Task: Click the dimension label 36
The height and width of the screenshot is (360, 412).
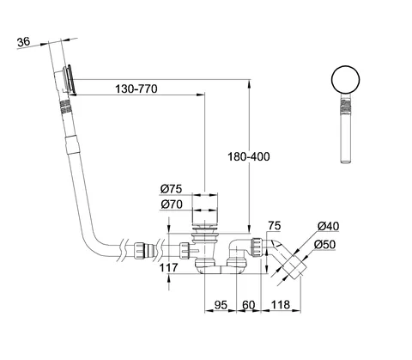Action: pos(23,42)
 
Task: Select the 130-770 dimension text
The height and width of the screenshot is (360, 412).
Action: pos(136,89)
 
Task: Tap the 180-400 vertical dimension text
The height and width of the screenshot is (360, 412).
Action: pos(248,156)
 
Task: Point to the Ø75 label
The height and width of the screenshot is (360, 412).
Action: pos(171,189)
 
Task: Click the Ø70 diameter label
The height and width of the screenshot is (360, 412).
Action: pos(172,204)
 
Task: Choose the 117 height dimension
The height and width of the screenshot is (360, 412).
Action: pos(168,268)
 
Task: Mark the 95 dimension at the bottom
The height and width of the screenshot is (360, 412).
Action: pos(221,305)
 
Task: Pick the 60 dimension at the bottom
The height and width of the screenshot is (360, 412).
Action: pos(248,305)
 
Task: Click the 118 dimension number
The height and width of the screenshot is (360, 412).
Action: pos(281,305)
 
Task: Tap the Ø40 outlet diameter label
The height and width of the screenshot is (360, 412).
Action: pos(328,226)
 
